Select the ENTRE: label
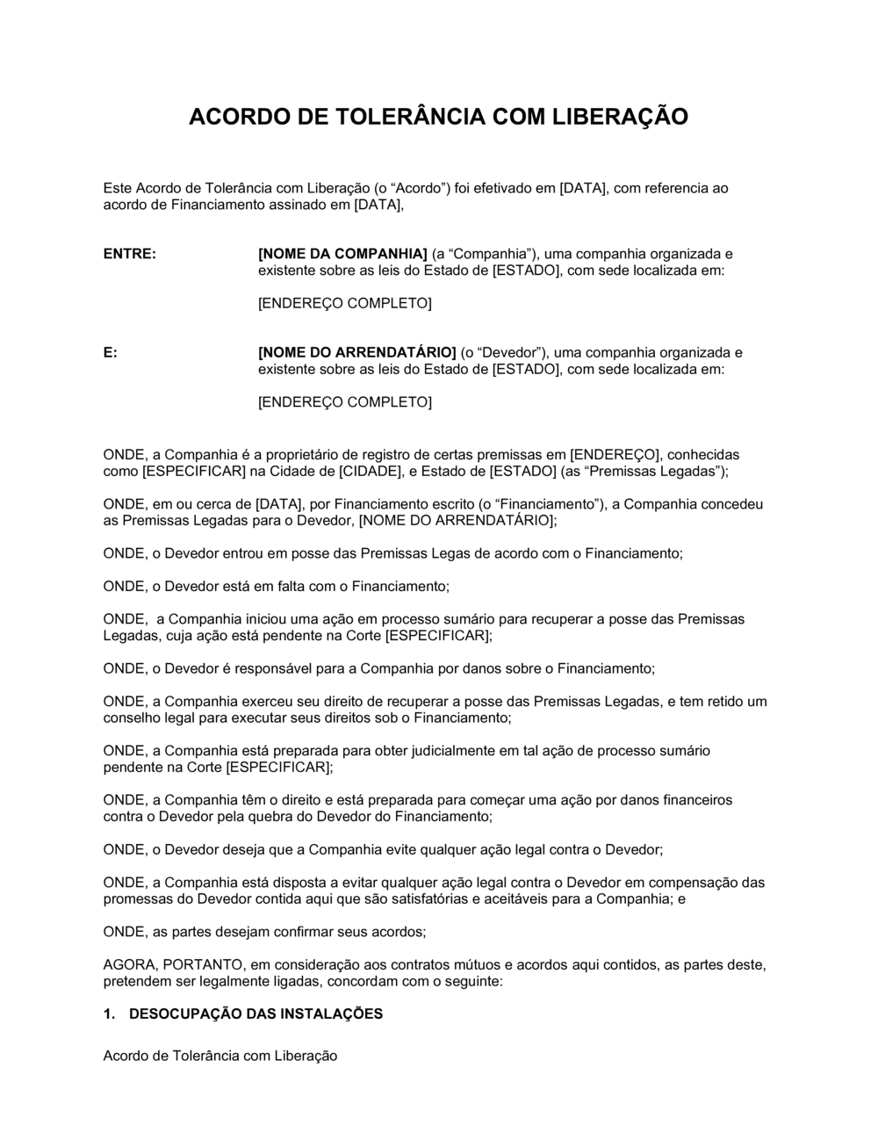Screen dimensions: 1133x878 click(x=130, y=254)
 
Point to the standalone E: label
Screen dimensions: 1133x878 click(x=111, y=352)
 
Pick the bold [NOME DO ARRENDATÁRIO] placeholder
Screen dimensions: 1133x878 click(x=357, y=352)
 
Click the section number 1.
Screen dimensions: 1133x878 click(x=109, y=1014)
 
